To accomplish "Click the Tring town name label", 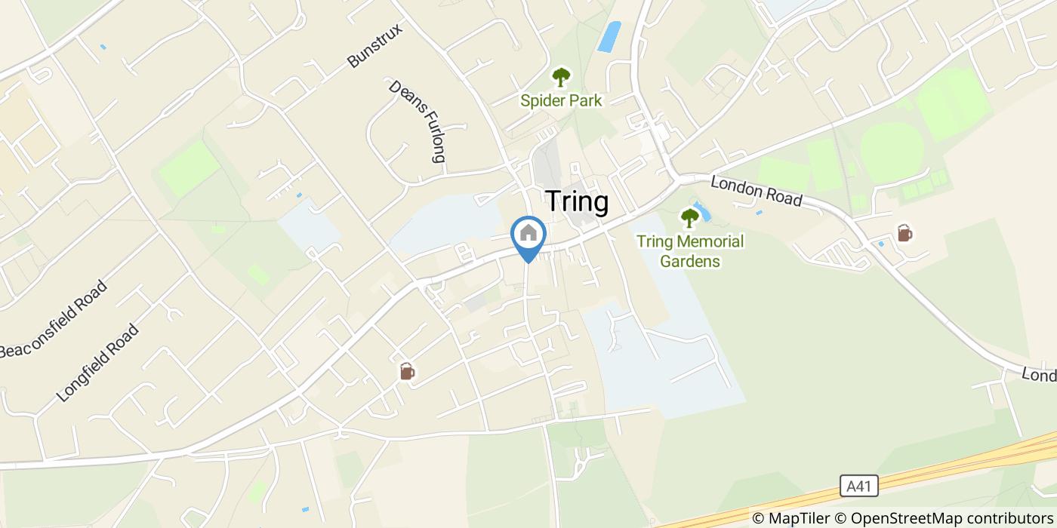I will click(576, 202).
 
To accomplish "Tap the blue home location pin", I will click(528, 238).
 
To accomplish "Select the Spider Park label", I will click(561, 100).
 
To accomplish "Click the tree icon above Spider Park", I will click(561, 77).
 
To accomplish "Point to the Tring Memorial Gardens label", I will click(689, 251).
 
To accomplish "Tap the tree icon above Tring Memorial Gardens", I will click(689, 219).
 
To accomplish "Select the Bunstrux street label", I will click(376, 46).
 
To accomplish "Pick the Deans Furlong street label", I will click(418, 121).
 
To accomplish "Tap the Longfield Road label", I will click(98, 362).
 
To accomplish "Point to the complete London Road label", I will click(756, 191).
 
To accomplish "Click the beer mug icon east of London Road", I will click(904, 234).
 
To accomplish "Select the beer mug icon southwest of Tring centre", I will click(407, 371).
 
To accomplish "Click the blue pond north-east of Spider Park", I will click(609, 36).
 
